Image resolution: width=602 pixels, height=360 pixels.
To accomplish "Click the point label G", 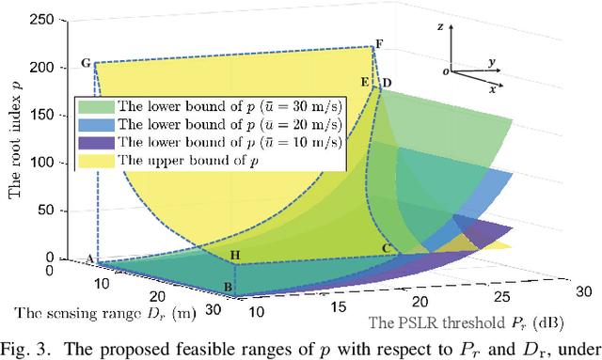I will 86,64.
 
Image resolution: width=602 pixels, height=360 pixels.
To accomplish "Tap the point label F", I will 379,44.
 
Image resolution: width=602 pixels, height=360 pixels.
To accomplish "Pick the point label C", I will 386,248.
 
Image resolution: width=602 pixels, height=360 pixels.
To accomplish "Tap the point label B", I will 227,287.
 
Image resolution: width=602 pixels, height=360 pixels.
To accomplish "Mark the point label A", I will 90,259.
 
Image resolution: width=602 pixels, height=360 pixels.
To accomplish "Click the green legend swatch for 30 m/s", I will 96,106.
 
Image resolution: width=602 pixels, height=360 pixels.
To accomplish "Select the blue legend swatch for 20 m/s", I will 96,124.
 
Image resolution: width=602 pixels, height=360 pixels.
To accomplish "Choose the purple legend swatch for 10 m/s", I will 96,142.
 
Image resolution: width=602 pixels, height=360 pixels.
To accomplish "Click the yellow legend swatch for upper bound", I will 96,160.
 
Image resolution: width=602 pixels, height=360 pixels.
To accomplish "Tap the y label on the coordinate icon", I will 492,61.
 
